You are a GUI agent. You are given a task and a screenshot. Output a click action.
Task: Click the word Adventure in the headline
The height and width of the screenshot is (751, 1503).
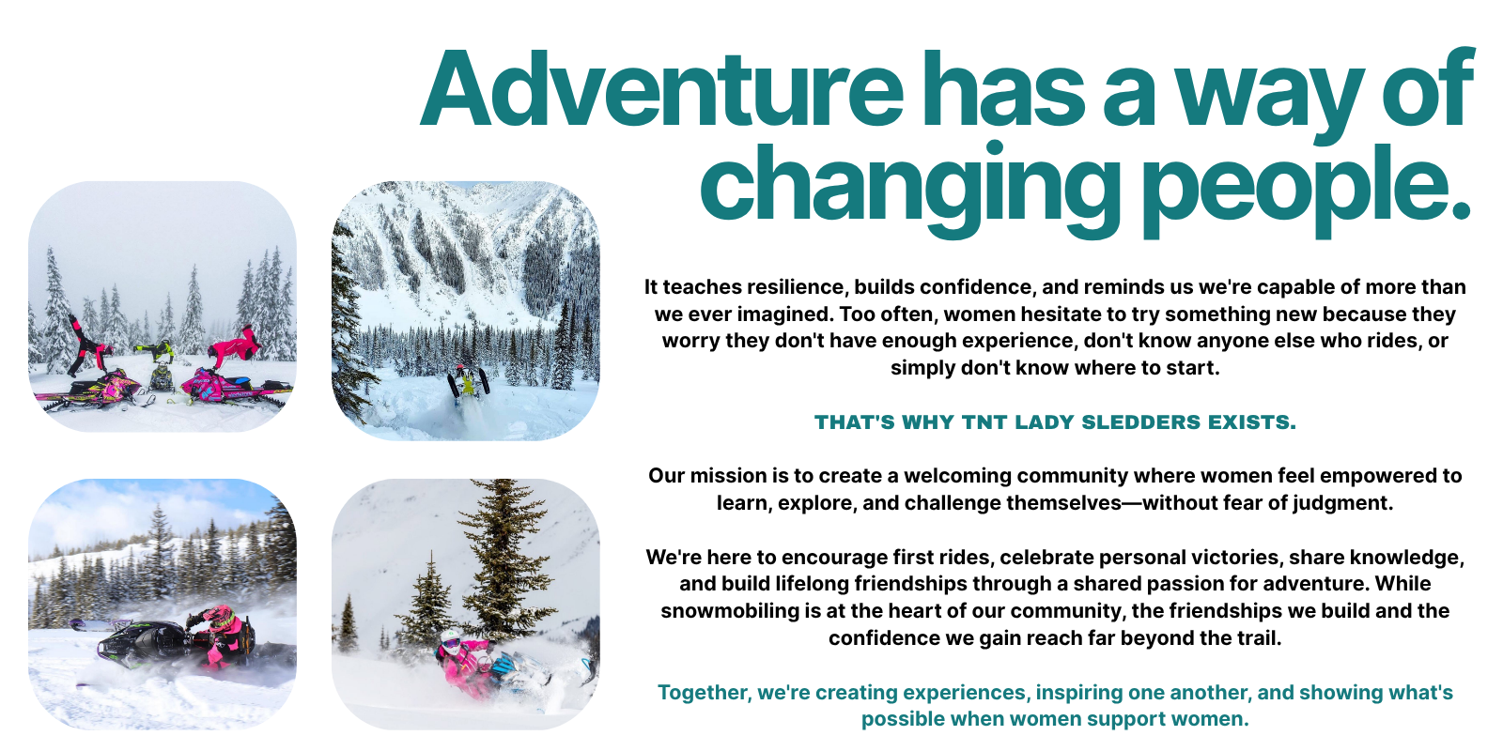[x=661, y=88]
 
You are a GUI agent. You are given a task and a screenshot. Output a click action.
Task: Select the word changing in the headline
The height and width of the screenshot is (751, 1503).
[x=910, y=191]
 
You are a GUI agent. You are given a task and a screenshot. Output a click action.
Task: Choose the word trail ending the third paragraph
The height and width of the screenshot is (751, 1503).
[x=1256, y=637]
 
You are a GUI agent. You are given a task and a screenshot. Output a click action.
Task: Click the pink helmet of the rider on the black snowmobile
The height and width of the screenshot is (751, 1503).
[x=222, y=616]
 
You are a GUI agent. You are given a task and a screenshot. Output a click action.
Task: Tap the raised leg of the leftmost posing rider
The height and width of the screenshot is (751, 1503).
[x=76, y=328]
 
